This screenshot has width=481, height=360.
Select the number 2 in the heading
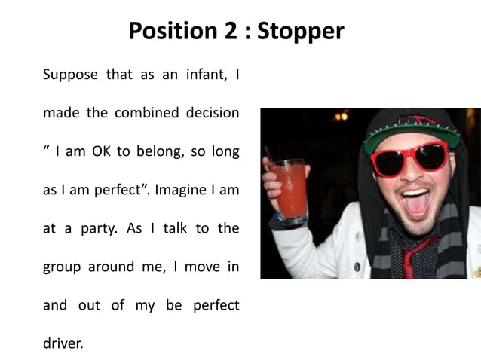point(227,32)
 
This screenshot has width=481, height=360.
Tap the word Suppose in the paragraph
point(66,75)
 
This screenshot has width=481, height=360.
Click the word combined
point(146,114)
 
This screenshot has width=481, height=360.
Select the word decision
point(213,114)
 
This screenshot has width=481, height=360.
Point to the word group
point(62,267)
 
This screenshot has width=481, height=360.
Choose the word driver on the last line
point(63,344)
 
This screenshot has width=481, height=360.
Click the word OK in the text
point(101,152)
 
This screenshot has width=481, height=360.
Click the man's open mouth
point(415,202)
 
